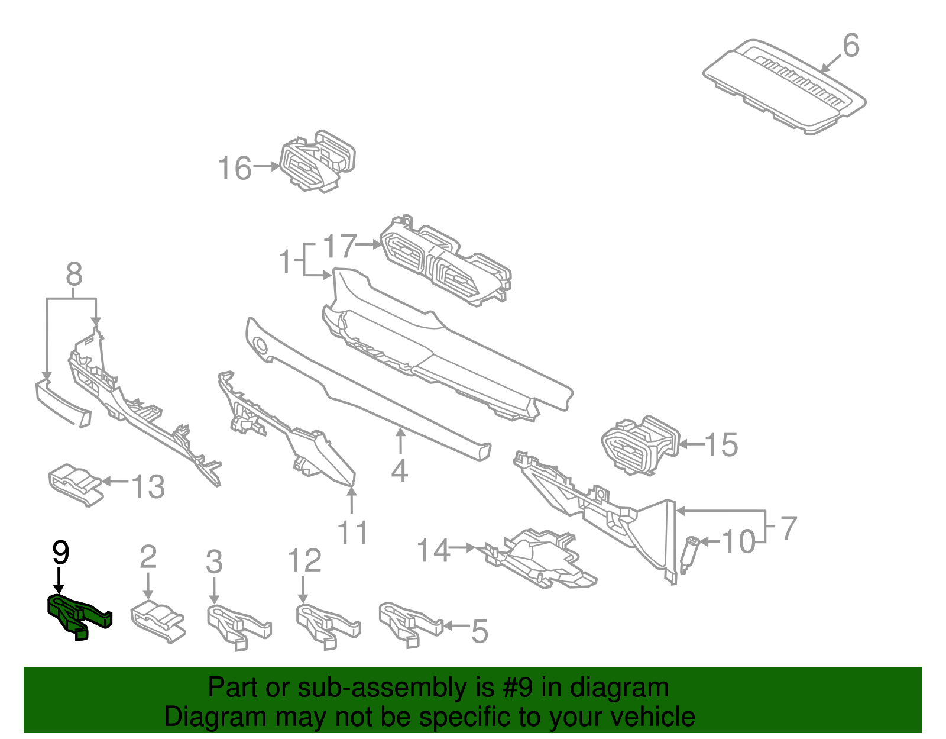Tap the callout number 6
click(850, 46)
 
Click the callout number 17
click(340, 246)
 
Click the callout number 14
click(433, 550)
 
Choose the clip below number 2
click(157, 621)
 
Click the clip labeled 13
click(74, 483)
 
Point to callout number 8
click(74, 275)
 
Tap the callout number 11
click(353, 532)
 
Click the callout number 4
click(400, 470)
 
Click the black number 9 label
click(60, 552)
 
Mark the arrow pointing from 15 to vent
click(691, 444)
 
